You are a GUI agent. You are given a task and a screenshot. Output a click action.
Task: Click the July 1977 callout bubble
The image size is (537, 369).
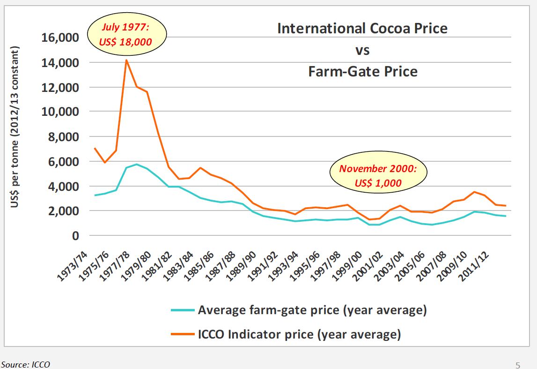[127, 36]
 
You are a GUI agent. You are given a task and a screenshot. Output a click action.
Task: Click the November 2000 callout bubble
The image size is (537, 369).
[377, 175]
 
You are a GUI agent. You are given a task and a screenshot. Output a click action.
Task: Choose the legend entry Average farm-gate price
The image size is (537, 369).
[312, 310]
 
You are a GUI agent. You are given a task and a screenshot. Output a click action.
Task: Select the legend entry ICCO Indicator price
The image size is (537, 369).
[299, 334]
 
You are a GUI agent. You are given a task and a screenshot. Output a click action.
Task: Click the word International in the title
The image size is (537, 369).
[318, 28]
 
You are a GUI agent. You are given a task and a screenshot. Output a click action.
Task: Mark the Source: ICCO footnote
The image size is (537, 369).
[25, 364]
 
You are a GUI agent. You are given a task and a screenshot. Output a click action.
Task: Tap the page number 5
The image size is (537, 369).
[517, 365]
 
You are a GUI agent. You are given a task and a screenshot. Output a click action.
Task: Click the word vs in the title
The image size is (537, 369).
[362, 50]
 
